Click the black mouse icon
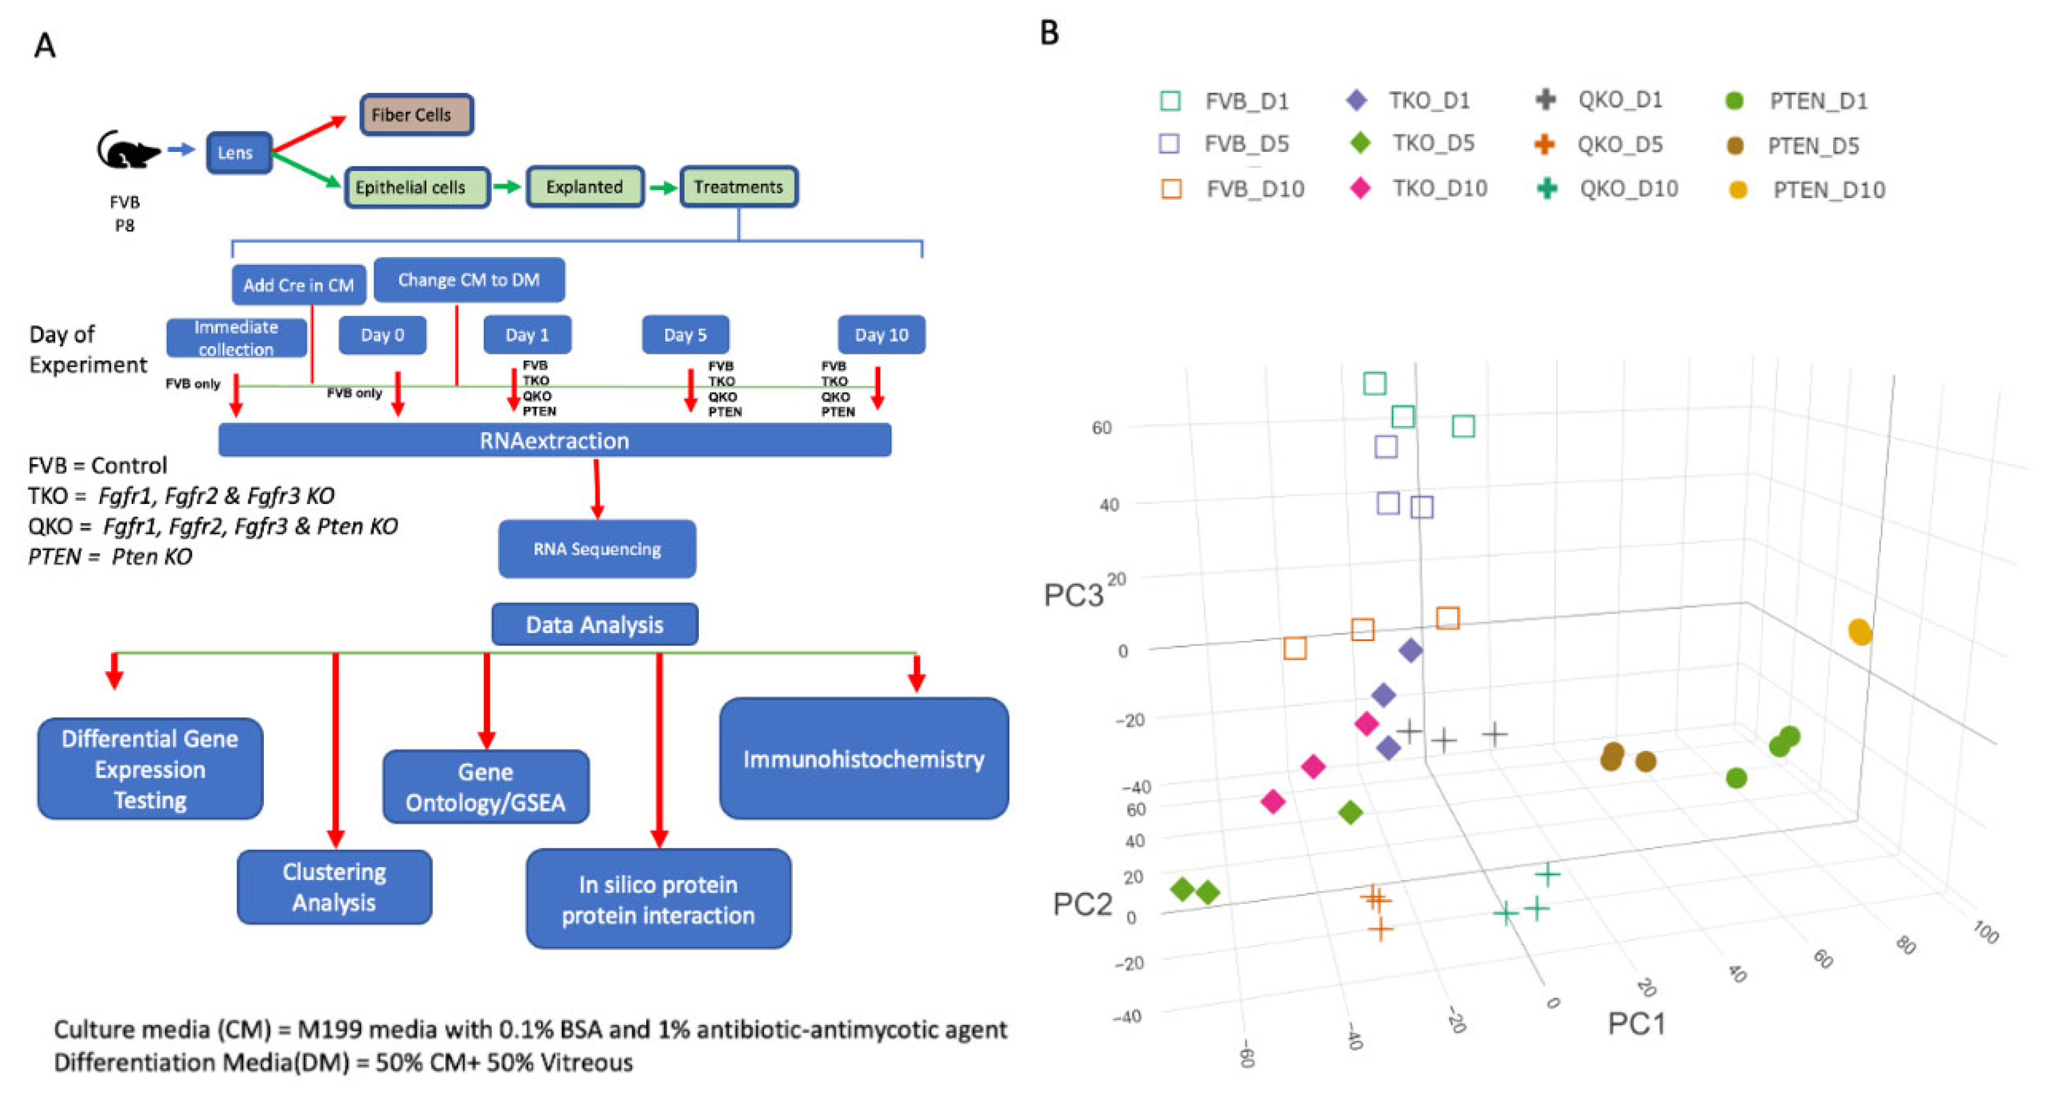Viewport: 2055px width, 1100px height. point(126,150)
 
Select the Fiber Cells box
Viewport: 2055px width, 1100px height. point(416,115)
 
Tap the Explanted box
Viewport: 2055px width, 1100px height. point(585,187)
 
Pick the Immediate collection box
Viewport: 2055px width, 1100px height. point(236,338)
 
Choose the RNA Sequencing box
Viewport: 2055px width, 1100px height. point(597,549)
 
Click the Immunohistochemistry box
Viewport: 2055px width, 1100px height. point(863,758)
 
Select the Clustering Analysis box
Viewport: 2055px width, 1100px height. point(335,887)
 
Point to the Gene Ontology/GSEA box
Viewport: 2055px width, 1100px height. point(485,786)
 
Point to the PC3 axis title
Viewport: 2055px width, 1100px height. point(1073,595)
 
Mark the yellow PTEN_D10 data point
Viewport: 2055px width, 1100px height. point(1859,632)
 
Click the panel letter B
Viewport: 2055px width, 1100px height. point(1049,33)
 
